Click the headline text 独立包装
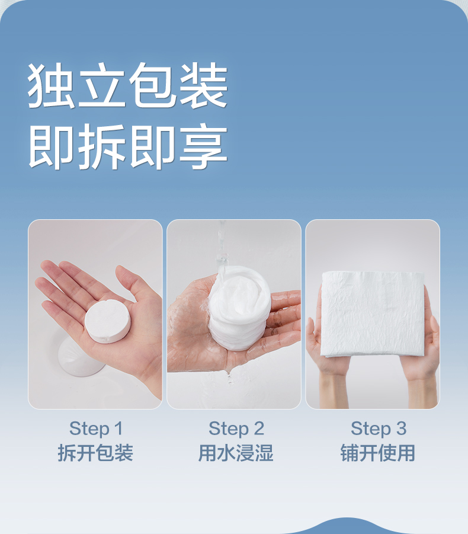[127, 85]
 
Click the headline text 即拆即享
[127, 146]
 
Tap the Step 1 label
[96, 429]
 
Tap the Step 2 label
[236, 429]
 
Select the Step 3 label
[379, 429]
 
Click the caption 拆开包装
[95, 453]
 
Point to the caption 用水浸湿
[236, 453]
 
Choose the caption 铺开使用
[378, 453]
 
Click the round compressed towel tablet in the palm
[108, 321]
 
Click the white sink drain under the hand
[80, 358]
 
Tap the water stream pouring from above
[221, 248]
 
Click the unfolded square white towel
[373, 314]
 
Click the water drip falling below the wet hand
[229, 375]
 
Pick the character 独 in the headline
[51, 85]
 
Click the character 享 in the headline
[204, 146]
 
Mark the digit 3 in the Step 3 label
[401, 428]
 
